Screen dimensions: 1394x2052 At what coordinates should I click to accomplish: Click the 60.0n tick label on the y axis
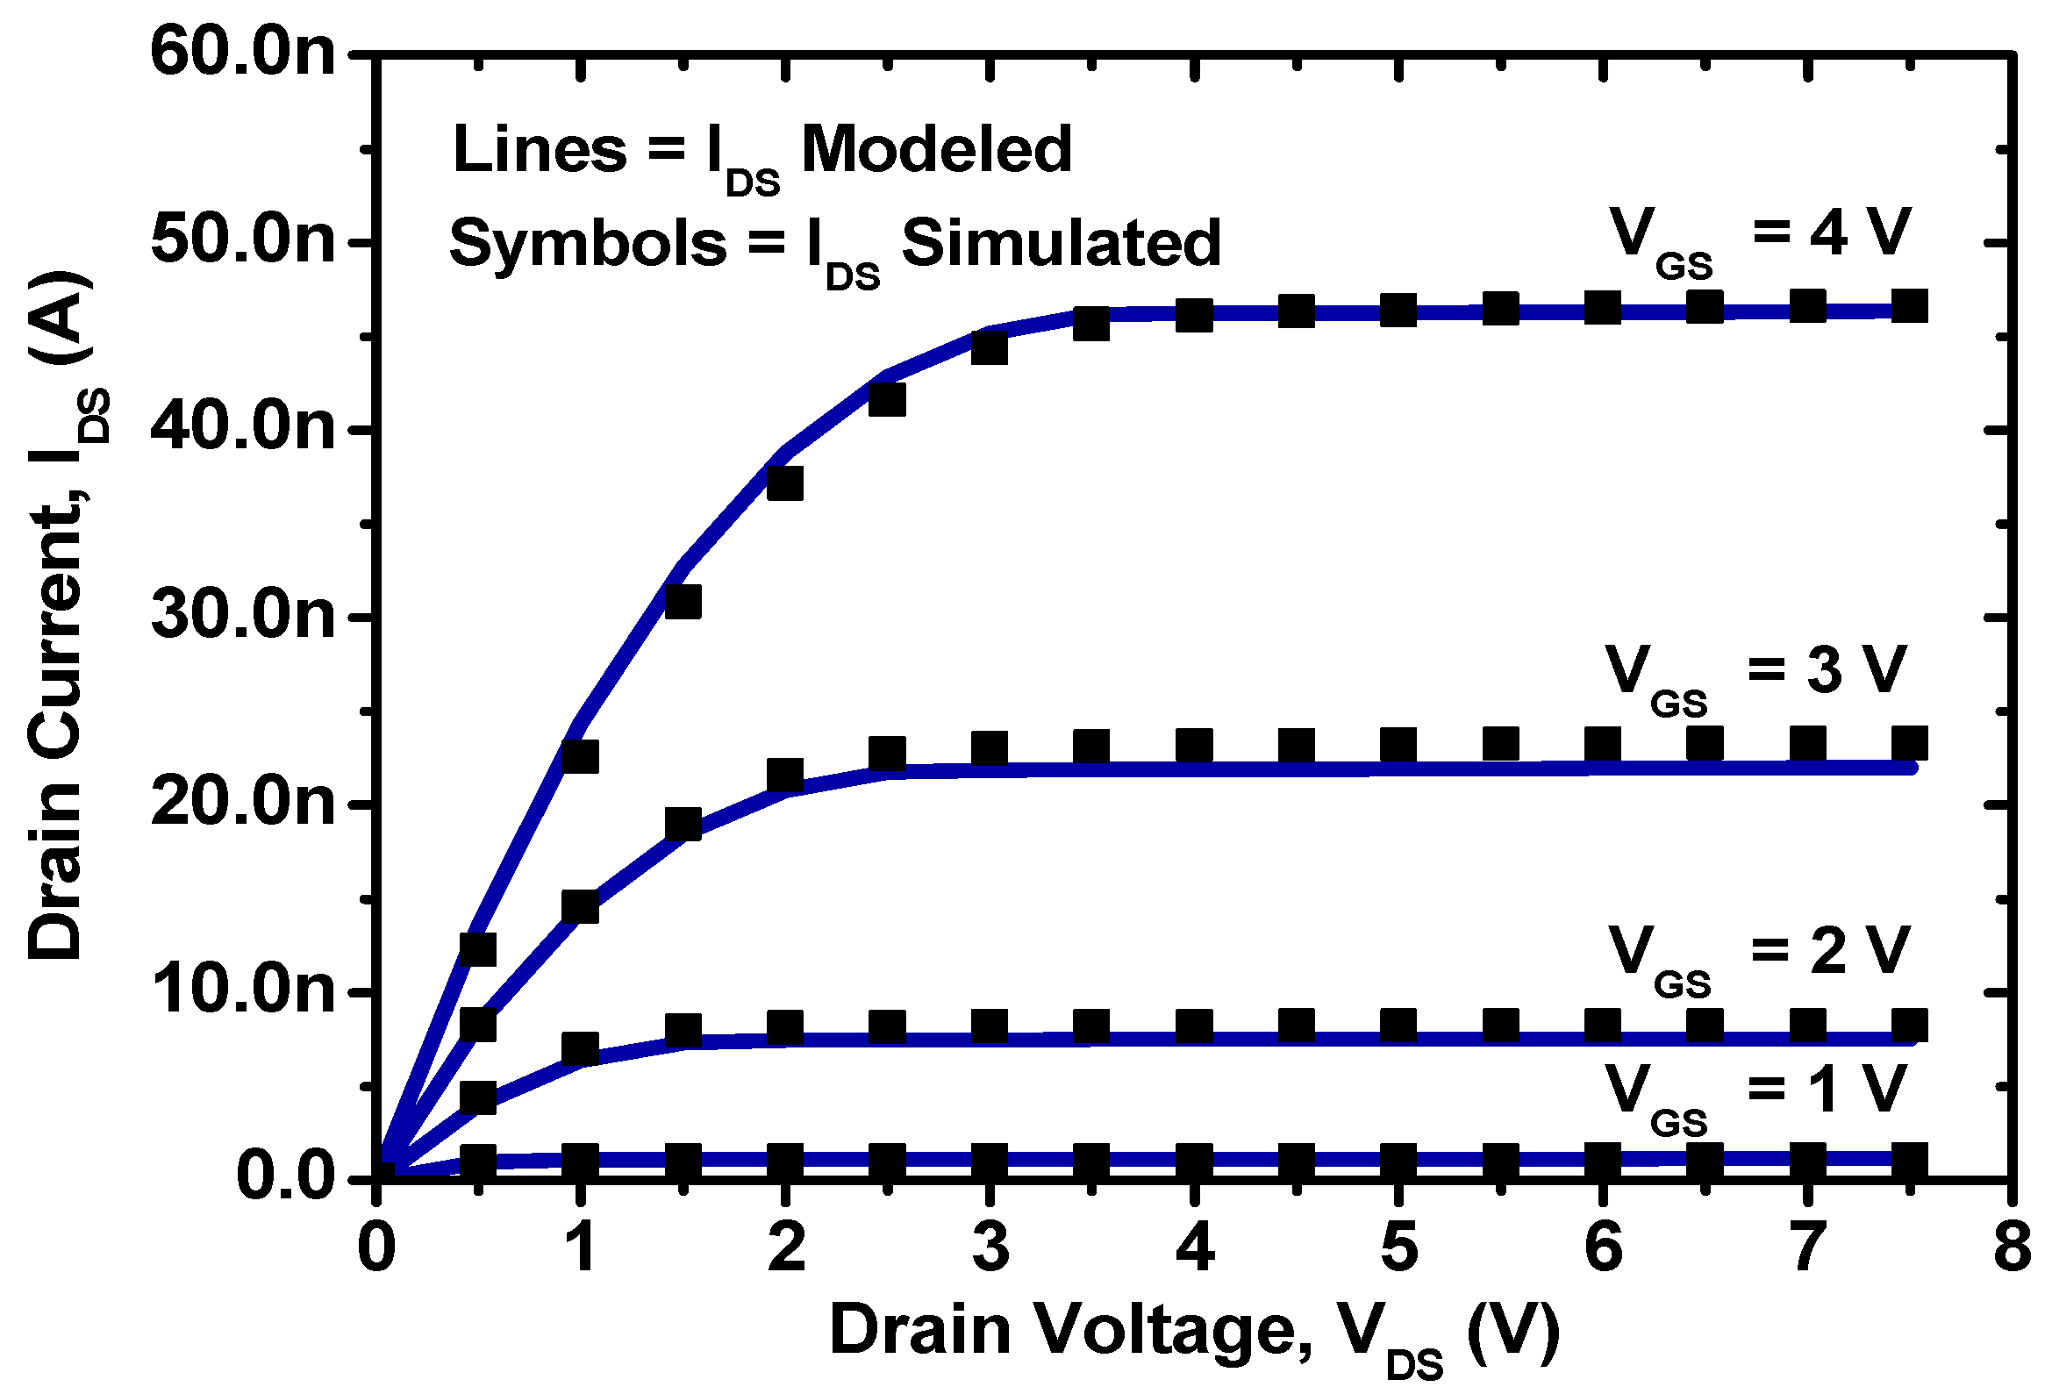pyautogui.click(x=243, y=53)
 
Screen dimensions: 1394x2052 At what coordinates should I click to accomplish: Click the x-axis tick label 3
pyautogui.click(x=990, y=1248)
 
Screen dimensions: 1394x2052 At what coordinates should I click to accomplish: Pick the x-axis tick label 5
pyautogui.click(x=1398, y=1248)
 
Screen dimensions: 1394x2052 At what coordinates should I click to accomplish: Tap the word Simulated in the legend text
pyautogui.click(x=1061, y=244)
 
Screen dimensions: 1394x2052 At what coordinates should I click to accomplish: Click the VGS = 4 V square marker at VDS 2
pyautogui.click(x=784, y=483)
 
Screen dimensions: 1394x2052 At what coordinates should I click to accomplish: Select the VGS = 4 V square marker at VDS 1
pyautogui.click(x=580, y=756)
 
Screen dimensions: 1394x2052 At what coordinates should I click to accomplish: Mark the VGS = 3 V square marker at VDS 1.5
pyautogui.click(x=683, y=825)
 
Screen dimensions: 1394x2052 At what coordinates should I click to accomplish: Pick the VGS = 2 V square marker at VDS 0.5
pyautogui.click(x=477, y=1097)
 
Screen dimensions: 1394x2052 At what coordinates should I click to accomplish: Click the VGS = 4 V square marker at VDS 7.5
pyautogui.click(x=1909, y=306)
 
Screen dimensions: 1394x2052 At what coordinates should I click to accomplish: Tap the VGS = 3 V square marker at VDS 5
pyautogui.click(x=1398, y=746)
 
